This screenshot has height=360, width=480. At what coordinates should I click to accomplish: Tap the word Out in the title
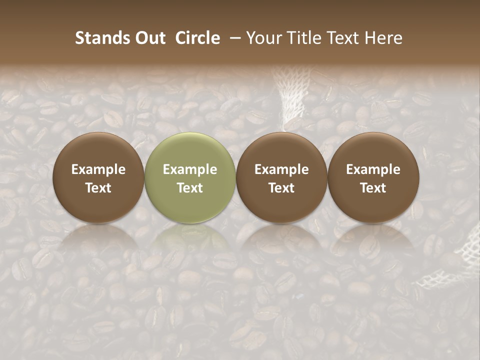[148, 38]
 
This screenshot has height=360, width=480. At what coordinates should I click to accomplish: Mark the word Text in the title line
[342, 38]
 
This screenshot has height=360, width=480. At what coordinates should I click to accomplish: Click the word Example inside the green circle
[190, 169]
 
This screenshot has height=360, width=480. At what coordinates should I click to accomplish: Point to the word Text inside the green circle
[190, 188]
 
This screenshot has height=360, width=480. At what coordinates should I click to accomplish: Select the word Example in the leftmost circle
[98, 169]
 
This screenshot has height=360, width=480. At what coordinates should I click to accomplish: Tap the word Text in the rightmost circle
[373, 188]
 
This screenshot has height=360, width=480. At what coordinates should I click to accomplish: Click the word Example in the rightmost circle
[373, 169]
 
